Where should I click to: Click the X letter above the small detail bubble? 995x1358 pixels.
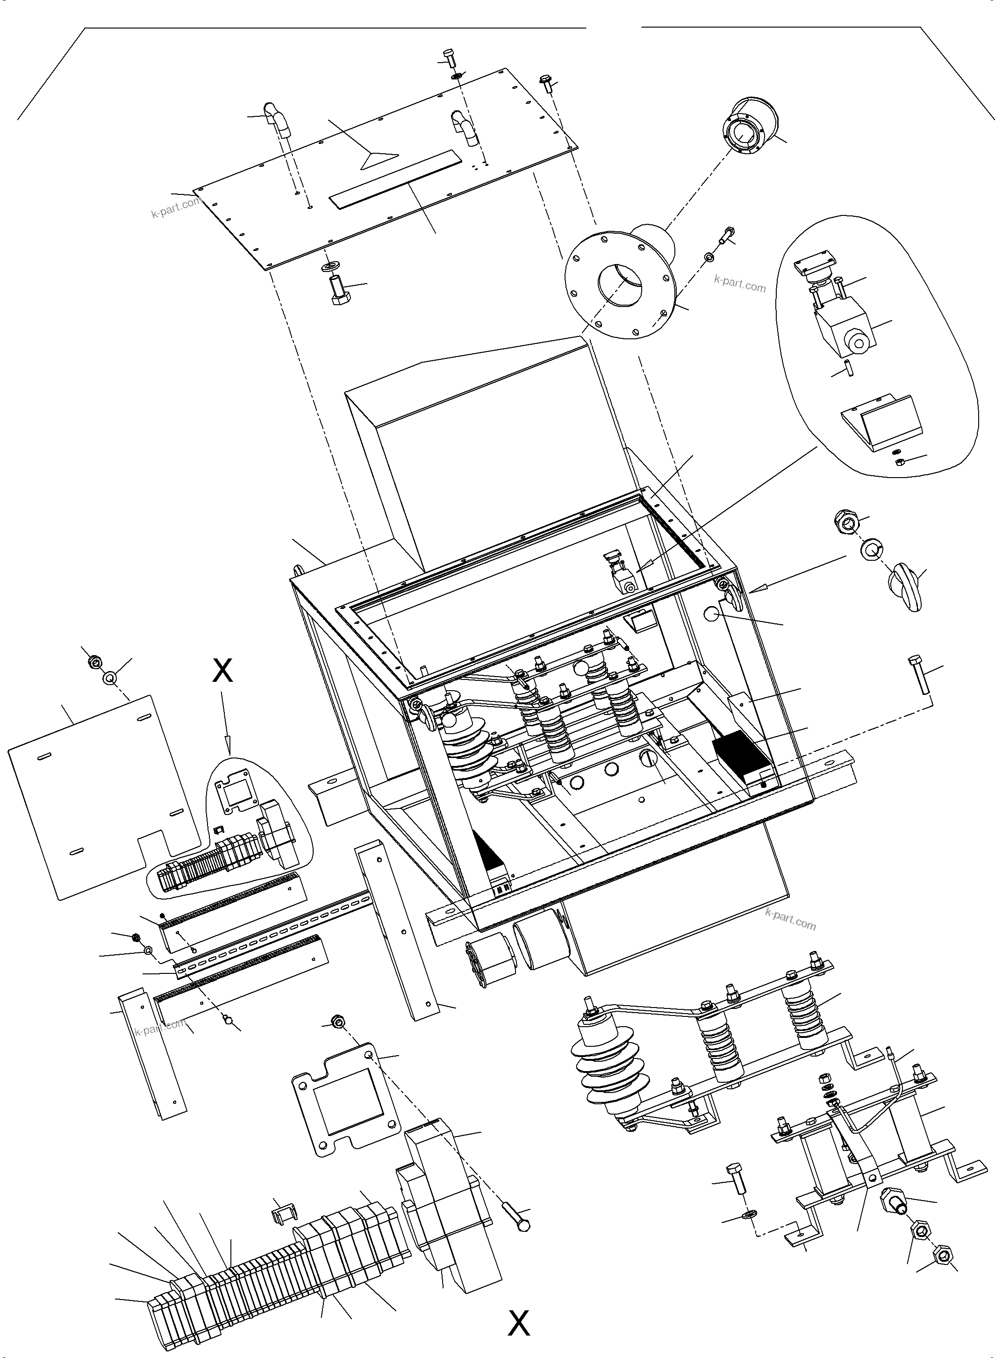pos(223,670)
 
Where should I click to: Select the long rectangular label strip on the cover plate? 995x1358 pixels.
pos(395,179)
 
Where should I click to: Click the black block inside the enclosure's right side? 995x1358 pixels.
pos(741,756)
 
